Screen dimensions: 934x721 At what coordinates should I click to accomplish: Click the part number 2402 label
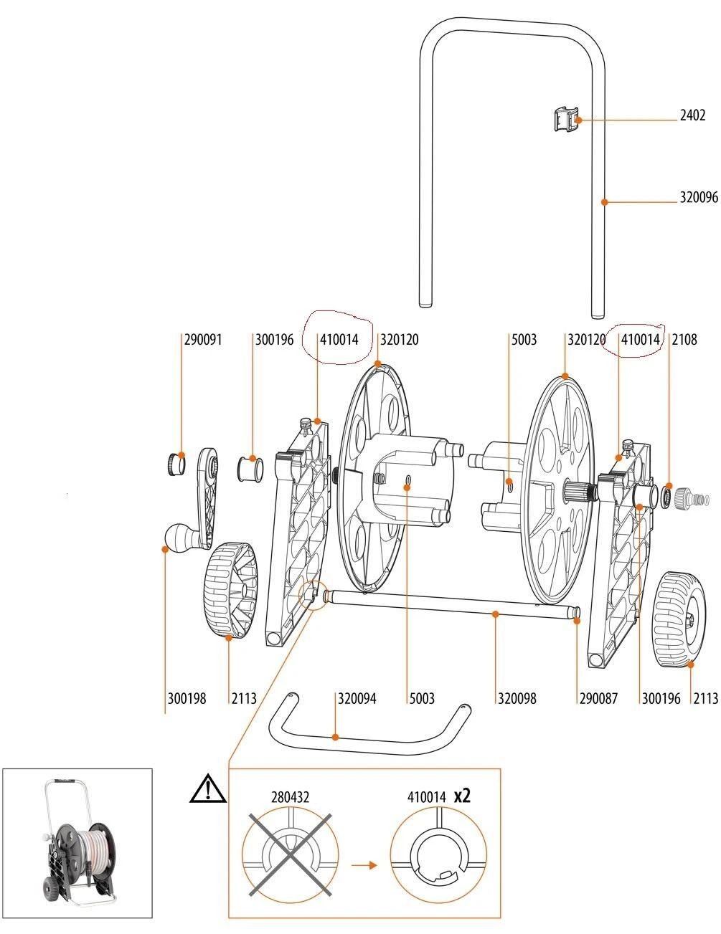click(692, 115)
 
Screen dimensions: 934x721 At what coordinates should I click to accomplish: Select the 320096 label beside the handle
click(698, 198)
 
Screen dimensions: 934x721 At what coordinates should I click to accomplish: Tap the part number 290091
click(203, 340)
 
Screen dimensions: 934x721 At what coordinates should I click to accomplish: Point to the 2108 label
click(684, 340)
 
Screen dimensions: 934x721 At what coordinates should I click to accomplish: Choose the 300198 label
click(187, 698)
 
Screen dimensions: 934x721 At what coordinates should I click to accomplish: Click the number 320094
click(357, 698)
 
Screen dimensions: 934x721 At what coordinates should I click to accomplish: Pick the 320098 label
click(517, 698)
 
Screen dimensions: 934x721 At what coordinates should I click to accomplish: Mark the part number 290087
click(598, 698)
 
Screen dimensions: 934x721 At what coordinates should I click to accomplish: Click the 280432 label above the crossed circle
click(291, 796)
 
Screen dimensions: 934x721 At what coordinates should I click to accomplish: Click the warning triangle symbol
click(208, 790)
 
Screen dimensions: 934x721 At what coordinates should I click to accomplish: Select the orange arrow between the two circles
click(364, 865)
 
